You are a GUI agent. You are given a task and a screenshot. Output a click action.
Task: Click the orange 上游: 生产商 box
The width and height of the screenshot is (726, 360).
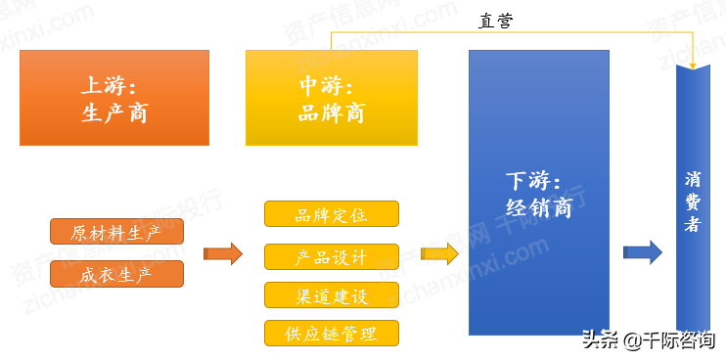114,98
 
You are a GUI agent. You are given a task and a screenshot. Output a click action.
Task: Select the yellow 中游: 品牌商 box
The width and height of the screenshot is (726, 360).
331,98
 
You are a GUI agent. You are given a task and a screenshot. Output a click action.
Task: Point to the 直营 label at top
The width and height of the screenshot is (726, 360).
496,21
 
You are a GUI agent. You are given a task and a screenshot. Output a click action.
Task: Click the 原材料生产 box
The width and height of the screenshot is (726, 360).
116,233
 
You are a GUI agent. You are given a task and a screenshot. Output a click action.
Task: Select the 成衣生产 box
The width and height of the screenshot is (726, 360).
116,274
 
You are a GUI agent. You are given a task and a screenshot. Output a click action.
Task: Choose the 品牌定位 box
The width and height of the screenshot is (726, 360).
331,214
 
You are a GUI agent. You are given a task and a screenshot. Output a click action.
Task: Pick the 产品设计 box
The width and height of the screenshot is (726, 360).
331,256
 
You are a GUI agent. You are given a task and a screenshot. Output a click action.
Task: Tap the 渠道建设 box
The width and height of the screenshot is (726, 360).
331,295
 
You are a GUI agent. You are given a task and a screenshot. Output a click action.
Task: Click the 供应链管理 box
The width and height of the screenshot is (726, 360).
331,333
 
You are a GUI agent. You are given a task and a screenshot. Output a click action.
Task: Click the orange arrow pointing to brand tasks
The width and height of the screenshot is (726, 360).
223,254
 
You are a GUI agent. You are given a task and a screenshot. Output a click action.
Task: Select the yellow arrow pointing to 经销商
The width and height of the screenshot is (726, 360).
439,254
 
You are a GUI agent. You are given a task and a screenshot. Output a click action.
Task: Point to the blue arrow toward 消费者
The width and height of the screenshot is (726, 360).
643,251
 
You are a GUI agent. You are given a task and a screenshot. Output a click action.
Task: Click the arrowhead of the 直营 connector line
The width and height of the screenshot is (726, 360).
693,65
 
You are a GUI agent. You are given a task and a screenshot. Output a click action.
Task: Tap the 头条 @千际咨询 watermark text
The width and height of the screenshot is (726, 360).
648,340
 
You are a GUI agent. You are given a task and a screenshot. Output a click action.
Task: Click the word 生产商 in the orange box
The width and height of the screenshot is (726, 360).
114,113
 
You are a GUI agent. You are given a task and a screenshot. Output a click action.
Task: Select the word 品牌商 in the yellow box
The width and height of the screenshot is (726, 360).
331,113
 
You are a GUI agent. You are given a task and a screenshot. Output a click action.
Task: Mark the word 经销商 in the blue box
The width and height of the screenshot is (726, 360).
538,207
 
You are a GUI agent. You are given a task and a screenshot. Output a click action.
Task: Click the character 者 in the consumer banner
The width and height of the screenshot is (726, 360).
693,225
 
